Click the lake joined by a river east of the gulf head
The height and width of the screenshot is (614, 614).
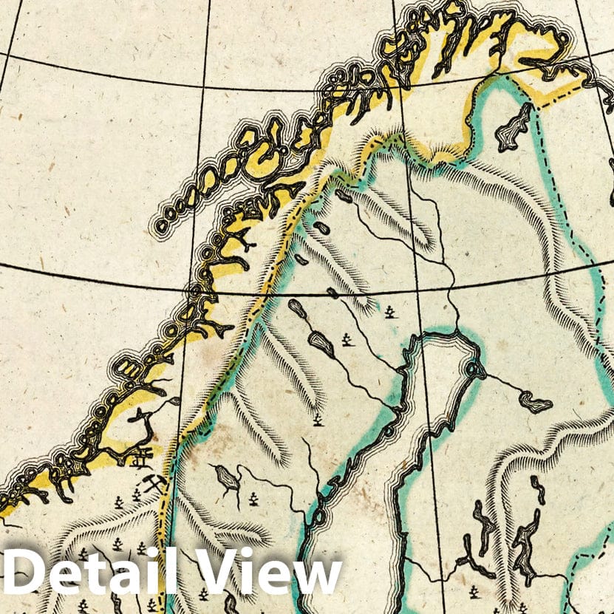[535, 401]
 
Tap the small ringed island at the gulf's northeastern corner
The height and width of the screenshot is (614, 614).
[471, 366]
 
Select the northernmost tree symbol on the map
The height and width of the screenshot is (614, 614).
[389, 313]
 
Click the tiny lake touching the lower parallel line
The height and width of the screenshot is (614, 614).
[333, 293]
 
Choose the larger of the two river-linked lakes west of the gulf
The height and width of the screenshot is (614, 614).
[320, 341]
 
